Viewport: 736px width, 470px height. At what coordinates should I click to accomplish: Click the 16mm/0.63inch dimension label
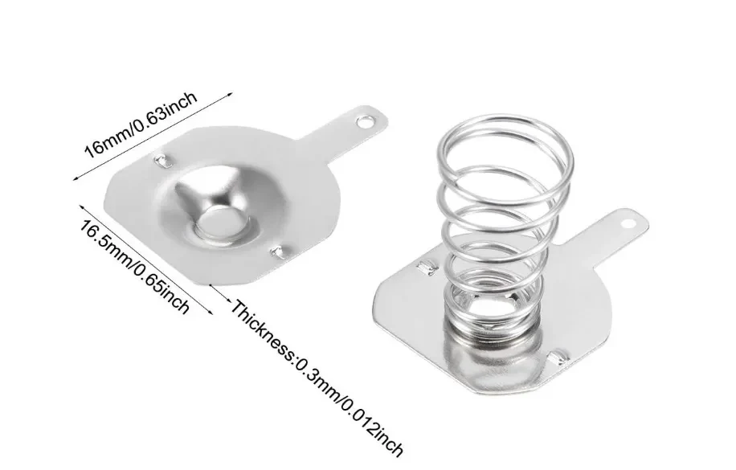click(140, 124)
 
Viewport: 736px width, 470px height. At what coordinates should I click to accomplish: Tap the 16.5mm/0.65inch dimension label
click(133, 268)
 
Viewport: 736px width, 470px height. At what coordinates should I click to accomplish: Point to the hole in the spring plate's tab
click(627, 223)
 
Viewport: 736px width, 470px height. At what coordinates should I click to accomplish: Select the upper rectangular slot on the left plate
click(162, 161)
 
